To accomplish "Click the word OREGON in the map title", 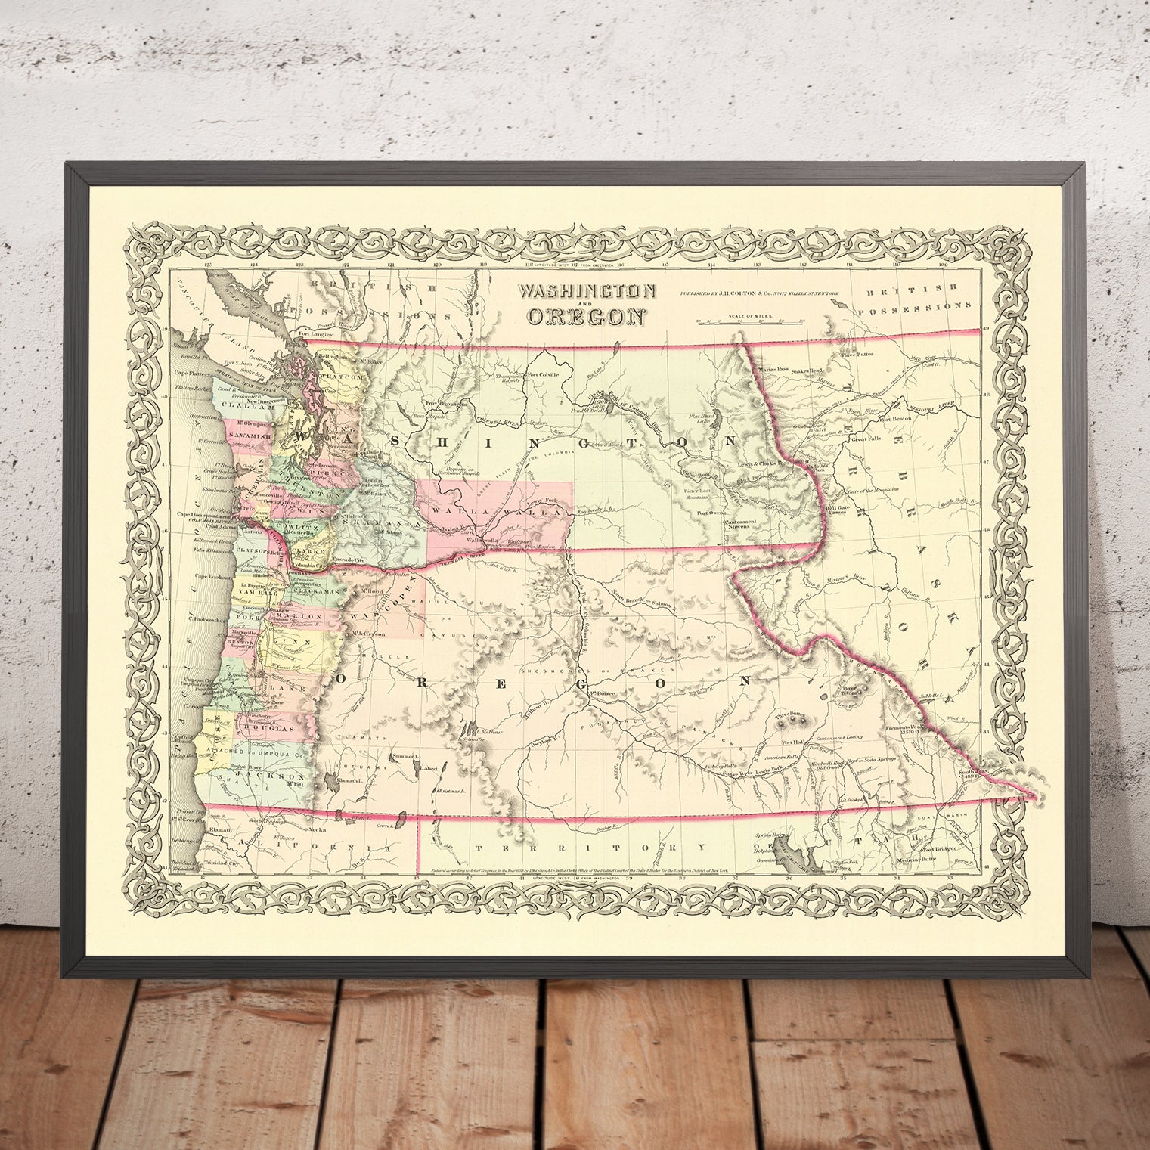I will click(587, 316).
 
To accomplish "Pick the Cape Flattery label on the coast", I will click(193, 372).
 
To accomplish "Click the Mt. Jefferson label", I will click(367, 634).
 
